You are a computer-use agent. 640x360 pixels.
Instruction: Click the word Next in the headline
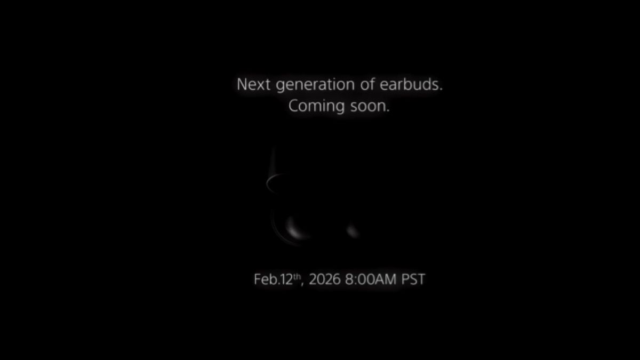(253, 85)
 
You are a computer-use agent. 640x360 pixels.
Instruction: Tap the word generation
(316, 86)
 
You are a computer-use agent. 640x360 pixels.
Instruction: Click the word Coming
(317, 107)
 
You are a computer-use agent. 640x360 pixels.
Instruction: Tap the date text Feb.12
(274, 279)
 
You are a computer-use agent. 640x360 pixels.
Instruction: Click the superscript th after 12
(297, 276)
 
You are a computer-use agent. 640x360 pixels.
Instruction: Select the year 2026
(325, 279)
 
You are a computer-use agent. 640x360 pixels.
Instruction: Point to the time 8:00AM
(371, 279)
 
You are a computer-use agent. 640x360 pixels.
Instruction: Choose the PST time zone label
(413, 279)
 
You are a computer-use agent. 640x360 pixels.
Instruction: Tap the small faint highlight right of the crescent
(353, 231)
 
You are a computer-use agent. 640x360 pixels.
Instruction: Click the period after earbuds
(441, 90)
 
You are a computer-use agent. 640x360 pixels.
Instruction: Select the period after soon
(388, 111)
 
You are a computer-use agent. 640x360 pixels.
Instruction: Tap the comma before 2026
(302, 284)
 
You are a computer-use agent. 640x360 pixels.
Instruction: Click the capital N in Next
(242, 85)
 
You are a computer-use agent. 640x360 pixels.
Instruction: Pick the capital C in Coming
(293, 106)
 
